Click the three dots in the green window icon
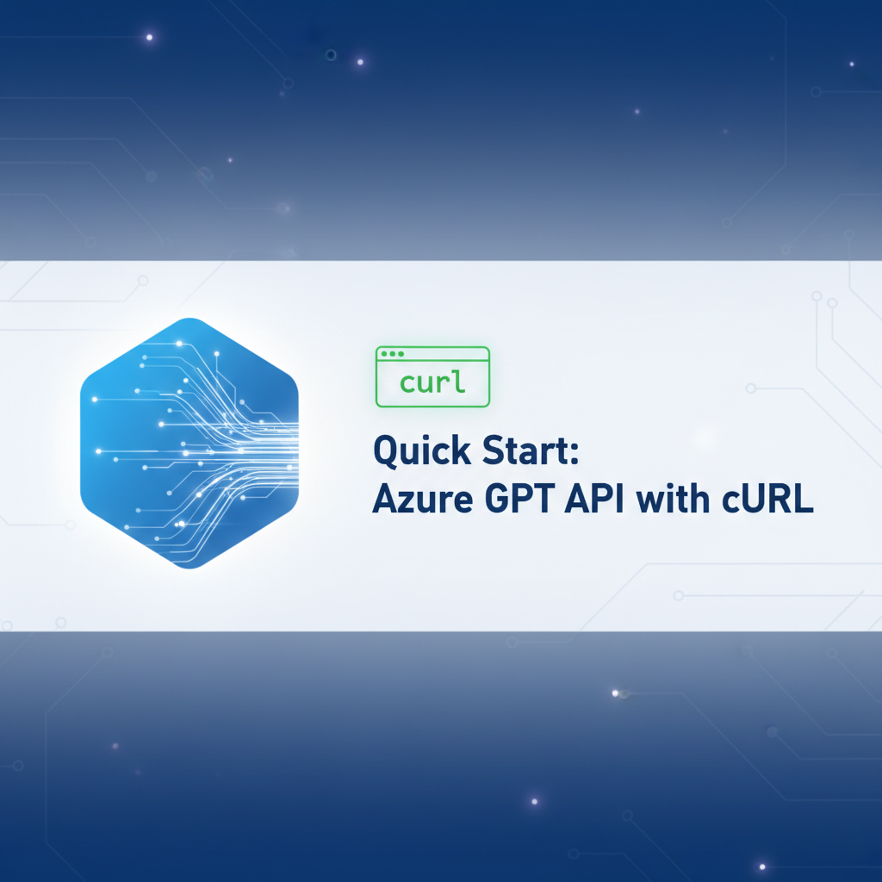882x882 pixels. click(391, 354)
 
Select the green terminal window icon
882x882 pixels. click(432, 376)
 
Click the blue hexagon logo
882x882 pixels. click(189, 443)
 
